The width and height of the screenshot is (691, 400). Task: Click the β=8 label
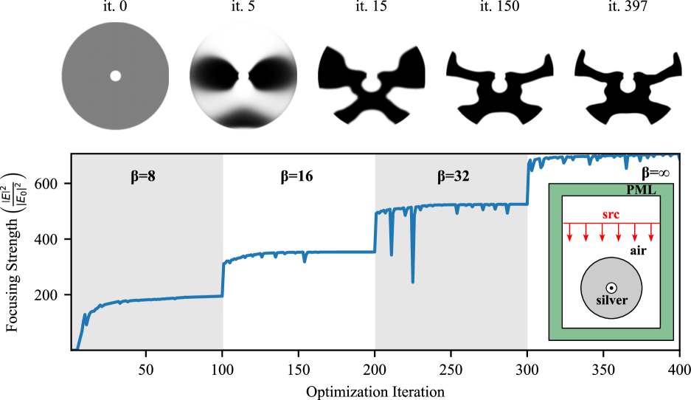(147, 177)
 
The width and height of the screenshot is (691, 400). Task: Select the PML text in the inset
(641, 190)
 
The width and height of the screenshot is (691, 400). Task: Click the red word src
(610, 214)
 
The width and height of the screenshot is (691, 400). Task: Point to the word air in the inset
(639, 251)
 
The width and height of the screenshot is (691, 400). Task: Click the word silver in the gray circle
(611, 300)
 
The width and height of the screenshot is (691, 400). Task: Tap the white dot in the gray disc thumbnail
(115, 75)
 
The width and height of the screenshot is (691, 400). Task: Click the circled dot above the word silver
(611, 288)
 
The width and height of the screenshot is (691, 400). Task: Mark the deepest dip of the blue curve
(412, 281)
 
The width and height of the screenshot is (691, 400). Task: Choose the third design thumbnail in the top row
(372, 77)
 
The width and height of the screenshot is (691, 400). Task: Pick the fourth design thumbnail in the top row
(500, 77)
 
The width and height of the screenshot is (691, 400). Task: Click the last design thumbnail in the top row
(628, 77)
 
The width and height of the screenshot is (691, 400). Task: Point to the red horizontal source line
(611, 223)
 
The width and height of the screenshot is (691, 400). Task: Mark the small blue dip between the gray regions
(304, 259)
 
